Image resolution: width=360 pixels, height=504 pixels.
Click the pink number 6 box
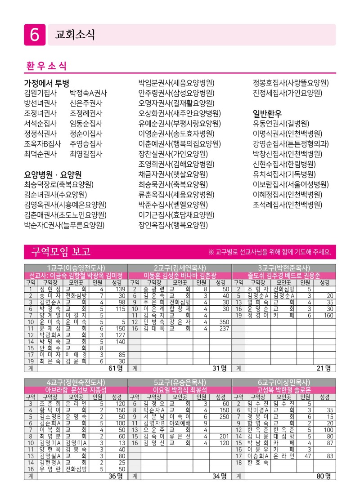(35, 35)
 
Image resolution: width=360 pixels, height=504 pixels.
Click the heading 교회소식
(75, 35)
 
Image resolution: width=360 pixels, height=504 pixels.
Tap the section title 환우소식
(45, 66)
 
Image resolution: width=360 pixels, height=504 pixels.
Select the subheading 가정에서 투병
(46, 83)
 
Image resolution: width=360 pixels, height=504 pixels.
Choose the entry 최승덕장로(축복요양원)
(58, 184)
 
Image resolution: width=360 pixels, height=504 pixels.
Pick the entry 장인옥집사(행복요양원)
(173, 225)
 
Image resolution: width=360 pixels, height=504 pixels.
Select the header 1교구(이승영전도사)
(76, 268)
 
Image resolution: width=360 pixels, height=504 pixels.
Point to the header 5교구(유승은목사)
(180, 382)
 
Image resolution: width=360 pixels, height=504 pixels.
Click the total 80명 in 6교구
(324, 476)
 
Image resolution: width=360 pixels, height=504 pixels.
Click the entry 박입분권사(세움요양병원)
(176, 83)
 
